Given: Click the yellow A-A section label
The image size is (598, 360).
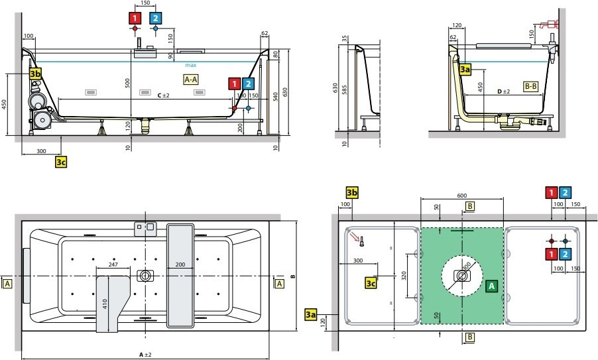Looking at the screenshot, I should click(x=191, y=80).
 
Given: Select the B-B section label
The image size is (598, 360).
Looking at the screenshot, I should click(x=530, y=86).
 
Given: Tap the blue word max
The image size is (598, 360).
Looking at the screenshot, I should click(x=191, y=65).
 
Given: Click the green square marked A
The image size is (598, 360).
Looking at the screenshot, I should click(x=491, y=286).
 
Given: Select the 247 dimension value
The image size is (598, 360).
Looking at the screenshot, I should click(x=113, y=264).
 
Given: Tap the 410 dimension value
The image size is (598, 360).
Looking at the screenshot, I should click(x=105, y=305).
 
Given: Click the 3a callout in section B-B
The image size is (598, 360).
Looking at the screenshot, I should click(x=465, y=68).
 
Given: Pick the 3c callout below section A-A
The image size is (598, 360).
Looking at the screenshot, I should click(x=61, y=161).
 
